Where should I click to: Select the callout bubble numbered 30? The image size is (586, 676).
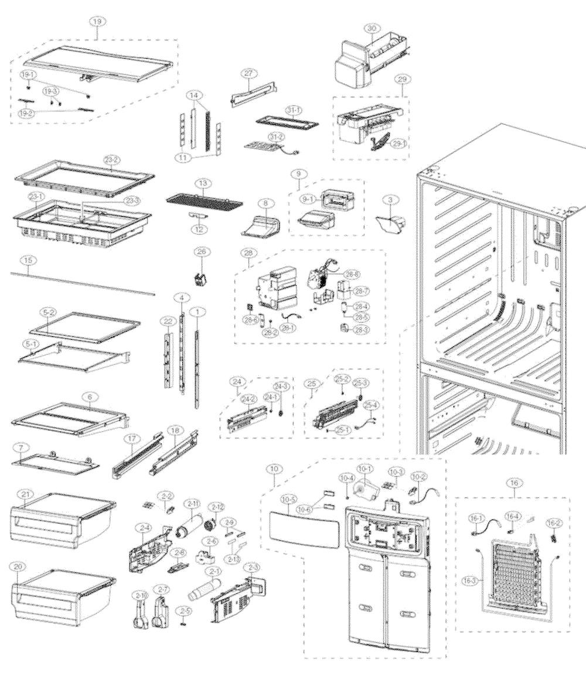pyautogui.click(x=370, y=28)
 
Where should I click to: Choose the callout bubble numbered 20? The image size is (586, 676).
pyautogui.click(x=19, y=567)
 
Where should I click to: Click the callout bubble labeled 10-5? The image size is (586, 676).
pyautogui.click(x=288, y=500)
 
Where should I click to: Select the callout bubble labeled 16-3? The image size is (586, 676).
pyautogui.click(x=473, y=580)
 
